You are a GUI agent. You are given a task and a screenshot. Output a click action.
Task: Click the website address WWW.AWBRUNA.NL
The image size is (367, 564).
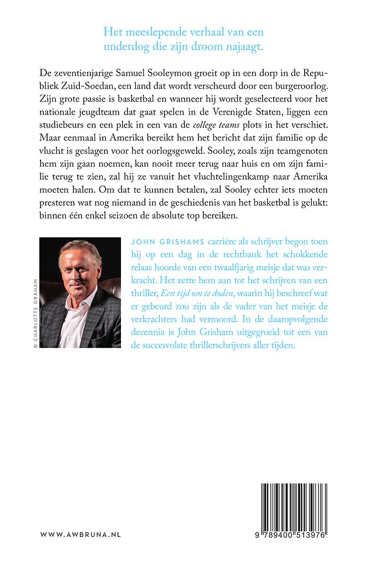coord(80,535)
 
